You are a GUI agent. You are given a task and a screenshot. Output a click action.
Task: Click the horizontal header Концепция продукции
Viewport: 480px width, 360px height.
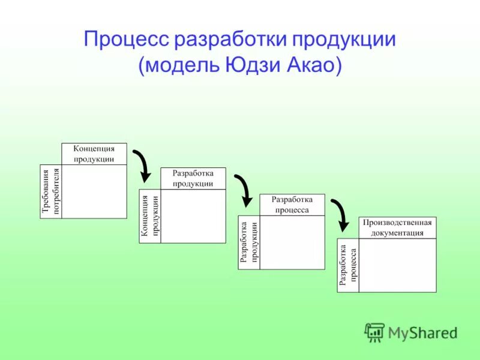tap(94, 154)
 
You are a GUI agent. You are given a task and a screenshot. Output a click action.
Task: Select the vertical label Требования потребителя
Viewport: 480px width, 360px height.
tap(51, 191)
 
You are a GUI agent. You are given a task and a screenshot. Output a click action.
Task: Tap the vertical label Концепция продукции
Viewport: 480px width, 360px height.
tap(151, 217)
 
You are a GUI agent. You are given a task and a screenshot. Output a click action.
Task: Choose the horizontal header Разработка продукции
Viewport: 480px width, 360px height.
tap(193, 178)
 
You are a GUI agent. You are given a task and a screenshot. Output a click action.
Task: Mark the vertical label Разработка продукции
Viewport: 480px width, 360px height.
tap(249, 242)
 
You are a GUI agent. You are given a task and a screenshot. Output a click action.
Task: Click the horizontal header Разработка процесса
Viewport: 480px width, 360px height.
tap(292, 205)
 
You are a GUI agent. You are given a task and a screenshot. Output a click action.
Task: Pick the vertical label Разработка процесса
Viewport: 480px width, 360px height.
tap(348, 266)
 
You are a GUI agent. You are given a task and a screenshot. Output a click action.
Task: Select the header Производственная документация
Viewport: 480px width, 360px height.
tap(397, 227)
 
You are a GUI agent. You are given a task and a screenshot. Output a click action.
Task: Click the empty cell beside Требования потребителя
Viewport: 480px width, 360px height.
tap(94, 191)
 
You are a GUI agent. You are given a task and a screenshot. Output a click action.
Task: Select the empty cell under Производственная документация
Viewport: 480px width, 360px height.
tap(397, 265)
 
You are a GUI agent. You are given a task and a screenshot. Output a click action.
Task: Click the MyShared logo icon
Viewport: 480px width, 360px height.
tap(375, 332)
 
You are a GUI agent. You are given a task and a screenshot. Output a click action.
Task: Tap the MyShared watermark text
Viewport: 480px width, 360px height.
tap(422, 332)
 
